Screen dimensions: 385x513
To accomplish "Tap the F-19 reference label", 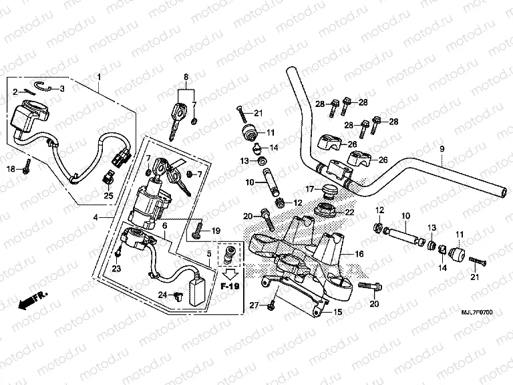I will pyautogui.click(x=230, y=285).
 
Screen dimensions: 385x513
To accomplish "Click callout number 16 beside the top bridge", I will pyautogui.click(x=359, y=254).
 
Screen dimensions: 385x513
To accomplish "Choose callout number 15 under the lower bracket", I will pyautogui.click(x=338, y=311).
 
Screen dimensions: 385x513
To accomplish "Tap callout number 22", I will pyautogui.click(x=348, y=212).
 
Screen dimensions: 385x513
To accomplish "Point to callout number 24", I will pyautogui.click(x=162, y=294).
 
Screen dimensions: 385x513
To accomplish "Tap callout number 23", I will pyautogui.click(x=116, y=269).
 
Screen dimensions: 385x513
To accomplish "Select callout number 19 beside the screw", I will pyautogui.click(x=215, y=231).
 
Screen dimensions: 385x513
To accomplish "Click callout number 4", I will pyautogui.click(x=96, y=218).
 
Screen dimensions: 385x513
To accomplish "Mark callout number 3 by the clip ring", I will pyautogui.click(x=62, y=88).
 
